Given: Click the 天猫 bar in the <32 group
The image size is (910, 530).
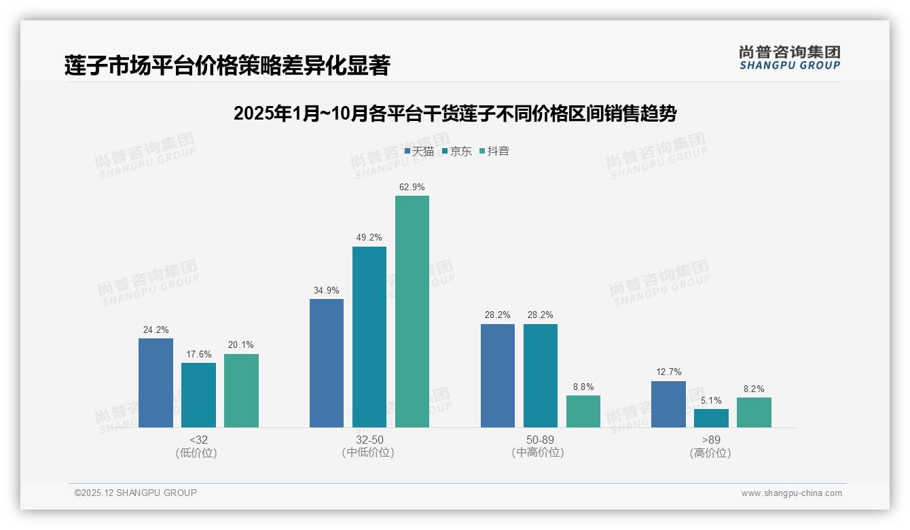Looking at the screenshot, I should click(x=156, y=383).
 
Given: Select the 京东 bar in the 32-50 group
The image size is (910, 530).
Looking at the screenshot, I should click(x=369, y=337).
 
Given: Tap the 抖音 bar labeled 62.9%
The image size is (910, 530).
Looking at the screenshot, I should click(x=412, y=311).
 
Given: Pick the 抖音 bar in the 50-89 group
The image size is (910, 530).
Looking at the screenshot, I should click(x=583, y=411).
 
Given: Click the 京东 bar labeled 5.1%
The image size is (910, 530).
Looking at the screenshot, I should click(x=711, y=418).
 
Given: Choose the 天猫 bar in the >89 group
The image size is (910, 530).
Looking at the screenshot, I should click(x=668, y=404).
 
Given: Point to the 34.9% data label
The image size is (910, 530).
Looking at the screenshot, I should click(x=327, y=290).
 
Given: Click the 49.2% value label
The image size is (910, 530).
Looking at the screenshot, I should click(x=369, y=238).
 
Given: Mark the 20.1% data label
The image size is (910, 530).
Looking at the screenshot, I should click(x=241, y=345).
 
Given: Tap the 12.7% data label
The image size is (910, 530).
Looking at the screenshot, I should click(x=668, y=372).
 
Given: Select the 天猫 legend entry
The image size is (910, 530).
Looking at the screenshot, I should click(x=419, y=152).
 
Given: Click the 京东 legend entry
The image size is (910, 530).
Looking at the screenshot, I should click(x=457, y=152).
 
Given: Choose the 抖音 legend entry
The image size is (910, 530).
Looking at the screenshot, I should click(x=494, y=152).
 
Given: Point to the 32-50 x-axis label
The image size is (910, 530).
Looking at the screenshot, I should click(x=369, y=440).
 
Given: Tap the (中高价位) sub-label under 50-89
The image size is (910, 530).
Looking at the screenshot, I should click(x=540, y=453).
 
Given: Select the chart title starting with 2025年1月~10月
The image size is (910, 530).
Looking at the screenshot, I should click(x=454, y=113).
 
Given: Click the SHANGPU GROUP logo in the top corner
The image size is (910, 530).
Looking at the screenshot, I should click(x=789, y=58).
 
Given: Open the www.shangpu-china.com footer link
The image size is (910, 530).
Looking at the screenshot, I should click(x=791, y=493).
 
